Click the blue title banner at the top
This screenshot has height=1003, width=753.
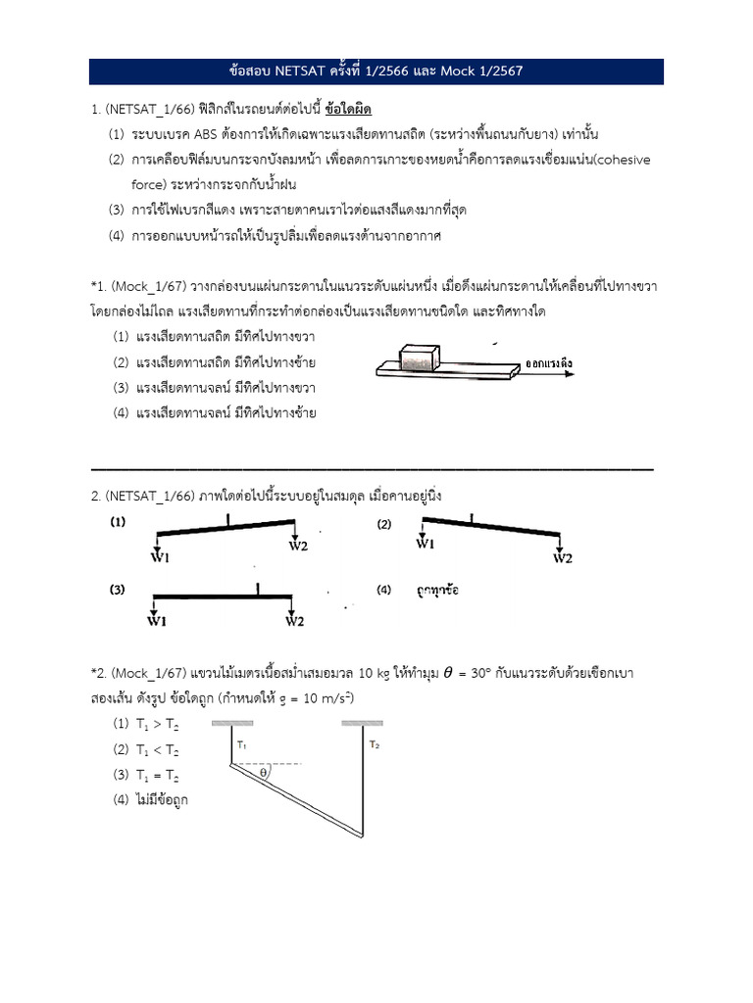(x=376, y=72)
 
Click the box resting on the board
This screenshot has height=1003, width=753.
(x=419, y=356)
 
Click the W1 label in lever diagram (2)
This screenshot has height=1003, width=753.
(x=426, y=543)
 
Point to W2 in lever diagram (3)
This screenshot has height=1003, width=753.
(x=295, y=619)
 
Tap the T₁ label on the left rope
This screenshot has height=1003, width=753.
(x=241, y=745)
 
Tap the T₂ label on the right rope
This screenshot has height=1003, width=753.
(x=374, y=745)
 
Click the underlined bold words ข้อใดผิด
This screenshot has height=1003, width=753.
(x=350, y=107)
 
